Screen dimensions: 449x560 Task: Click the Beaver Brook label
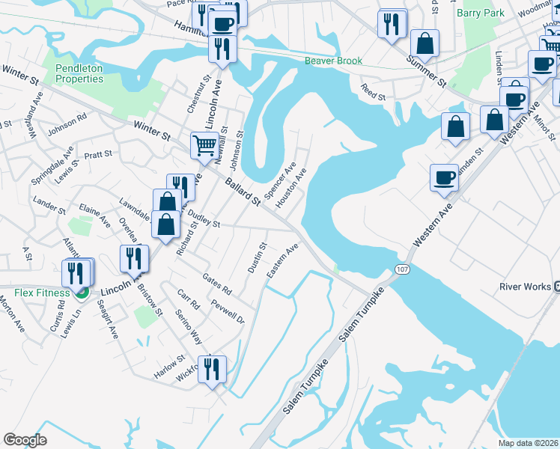point(333,61)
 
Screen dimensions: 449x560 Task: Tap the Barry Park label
point(479,13)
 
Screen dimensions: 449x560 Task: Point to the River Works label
point(525,287)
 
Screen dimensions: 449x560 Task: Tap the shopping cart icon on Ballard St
point(204,144)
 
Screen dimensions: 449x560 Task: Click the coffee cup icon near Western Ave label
point(445,178)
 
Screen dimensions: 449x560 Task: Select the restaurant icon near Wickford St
point(212,369)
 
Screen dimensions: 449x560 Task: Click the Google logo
point(25,439)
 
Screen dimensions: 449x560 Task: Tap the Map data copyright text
point(529,443)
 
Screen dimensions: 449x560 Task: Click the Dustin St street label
point(258,257)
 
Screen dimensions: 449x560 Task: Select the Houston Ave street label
point(290,188)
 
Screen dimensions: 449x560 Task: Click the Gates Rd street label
point(216,284)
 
